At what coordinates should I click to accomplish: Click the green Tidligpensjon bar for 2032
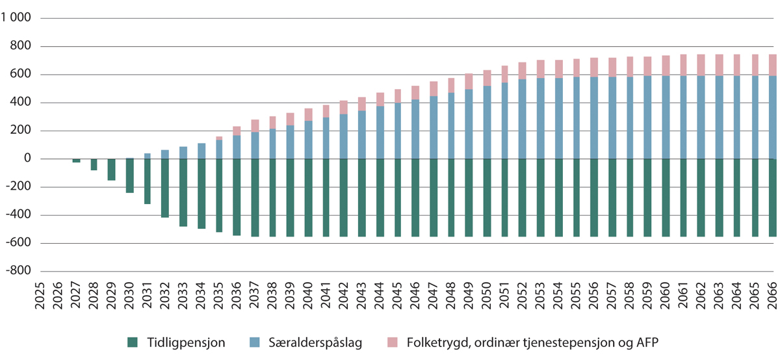166,188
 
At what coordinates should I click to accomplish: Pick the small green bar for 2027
77,161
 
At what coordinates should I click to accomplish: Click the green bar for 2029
112,170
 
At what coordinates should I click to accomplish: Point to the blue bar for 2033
183,153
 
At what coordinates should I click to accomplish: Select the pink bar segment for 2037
255,125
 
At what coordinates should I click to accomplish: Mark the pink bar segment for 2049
469,81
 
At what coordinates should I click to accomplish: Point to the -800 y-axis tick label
20,271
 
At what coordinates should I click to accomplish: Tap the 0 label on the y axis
27,159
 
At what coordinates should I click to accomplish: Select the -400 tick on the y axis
20,215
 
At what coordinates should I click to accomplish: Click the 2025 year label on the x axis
40,294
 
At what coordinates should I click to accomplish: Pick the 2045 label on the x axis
397,294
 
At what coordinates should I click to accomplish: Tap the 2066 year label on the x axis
772,294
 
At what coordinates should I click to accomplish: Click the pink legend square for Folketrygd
392,342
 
